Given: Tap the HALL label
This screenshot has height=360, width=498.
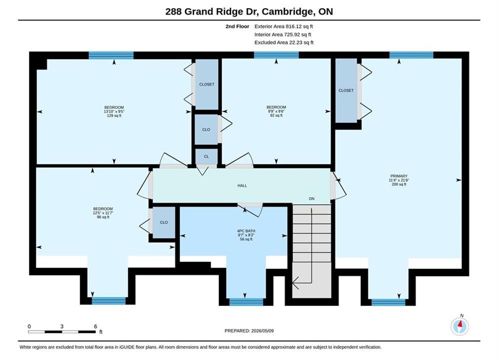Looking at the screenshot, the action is pyautogui.click(x=242, y=185).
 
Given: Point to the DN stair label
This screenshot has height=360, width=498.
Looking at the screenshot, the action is pyautogui.click(x=312, y=198).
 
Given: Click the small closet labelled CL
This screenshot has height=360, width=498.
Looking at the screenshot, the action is pyautogui.click(x=206, y=156).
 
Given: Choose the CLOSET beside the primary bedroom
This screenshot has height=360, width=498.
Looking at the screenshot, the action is pyautogui.click(x=346, y=90).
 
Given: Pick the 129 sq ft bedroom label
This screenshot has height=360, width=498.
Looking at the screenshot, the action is pyautogui.click(x=114, y=111).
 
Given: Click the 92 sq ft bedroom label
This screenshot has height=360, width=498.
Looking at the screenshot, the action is pyautogui.click(x=276, y=111).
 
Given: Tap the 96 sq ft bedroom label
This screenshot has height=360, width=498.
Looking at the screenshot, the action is pyautogui.click(x=103, y=213).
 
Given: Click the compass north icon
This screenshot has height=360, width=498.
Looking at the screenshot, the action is pyautogui.click(x=459, y=325).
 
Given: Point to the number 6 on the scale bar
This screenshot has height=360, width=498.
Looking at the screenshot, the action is pyautogui.click(x=95, y=326).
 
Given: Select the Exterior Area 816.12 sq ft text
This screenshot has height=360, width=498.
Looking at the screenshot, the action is pyautogui.click(x=284, y=26).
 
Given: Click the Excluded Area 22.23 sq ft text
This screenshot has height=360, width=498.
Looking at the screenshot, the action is pyautogui.click(x=284, y=42).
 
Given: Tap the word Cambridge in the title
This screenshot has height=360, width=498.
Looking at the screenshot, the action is pyautogui.click(x=288, y=11).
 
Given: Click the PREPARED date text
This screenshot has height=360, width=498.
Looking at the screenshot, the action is pyautogui.click(x=249, y=331).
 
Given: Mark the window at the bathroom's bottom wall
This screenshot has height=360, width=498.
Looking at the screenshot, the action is pyautogui.click(x=246, y=302).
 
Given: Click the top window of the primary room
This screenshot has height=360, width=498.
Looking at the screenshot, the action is pyautogui.click(x=411, y=55).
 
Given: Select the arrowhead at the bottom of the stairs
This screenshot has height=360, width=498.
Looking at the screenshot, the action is pyautogui.click(x=295, y=283).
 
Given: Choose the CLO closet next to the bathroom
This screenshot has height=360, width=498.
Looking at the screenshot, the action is pyautogui.click(x=164, y=222).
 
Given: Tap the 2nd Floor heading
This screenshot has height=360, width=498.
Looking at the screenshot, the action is pyautogui.click(x=237, y=26).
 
